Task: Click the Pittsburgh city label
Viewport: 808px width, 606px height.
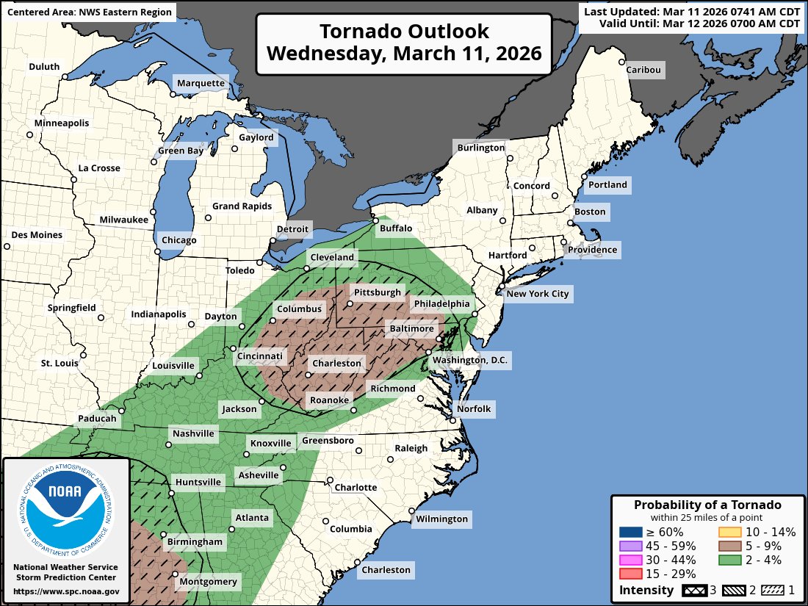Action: click(378, 292)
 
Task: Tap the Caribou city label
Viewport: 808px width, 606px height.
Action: click(643, 70)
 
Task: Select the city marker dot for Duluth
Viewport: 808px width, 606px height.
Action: click(65, 76)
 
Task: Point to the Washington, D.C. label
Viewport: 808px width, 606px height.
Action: click(470, 360)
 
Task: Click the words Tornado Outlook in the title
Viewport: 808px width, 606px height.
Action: click(404, 32)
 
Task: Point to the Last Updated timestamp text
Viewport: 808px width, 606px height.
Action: click(691, 11)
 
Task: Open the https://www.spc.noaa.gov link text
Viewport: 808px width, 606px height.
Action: click(66, 591)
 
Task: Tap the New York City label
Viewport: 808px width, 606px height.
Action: click(538, 294)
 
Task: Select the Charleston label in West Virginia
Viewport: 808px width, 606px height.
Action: click(336, 363)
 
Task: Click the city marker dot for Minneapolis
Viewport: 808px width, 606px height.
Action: click(30, 134)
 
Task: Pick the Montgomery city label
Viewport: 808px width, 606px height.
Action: click(209, 582)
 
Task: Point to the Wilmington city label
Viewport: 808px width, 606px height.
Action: click(441, 519)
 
